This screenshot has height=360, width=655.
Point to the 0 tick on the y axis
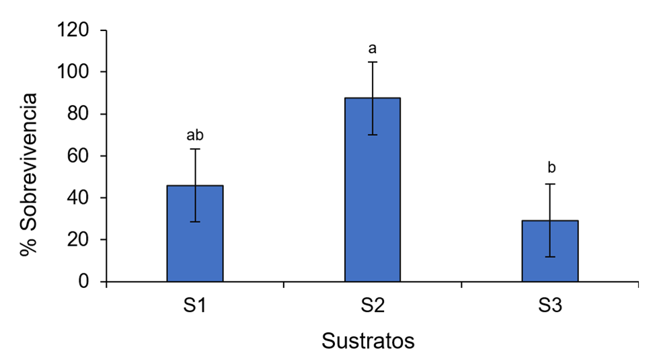(x=85, y=282)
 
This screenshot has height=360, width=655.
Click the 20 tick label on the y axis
(x=79, y=240)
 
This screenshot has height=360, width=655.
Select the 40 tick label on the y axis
(x=79, y=198)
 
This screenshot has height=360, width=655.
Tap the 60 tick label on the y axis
(x=79, y=156)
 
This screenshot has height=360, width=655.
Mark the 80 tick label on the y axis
(x=79, y=114)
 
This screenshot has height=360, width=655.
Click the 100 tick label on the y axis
(x=74, y=72)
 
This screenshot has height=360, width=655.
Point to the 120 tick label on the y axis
(x=74, y=30)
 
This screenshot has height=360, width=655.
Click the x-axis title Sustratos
(x=368, y=340)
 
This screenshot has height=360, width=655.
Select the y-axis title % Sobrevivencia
(x=28, y=174)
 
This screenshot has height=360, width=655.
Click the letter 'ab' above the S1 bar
(x=195, y=136)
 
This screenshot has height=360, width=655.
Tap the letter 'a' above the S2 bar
(x=373, y=49)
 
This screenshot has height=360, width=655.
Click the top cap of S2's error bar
(x=373, y=62)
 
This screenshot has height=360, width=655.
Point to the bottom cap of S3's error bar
(x=549, y=256)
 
